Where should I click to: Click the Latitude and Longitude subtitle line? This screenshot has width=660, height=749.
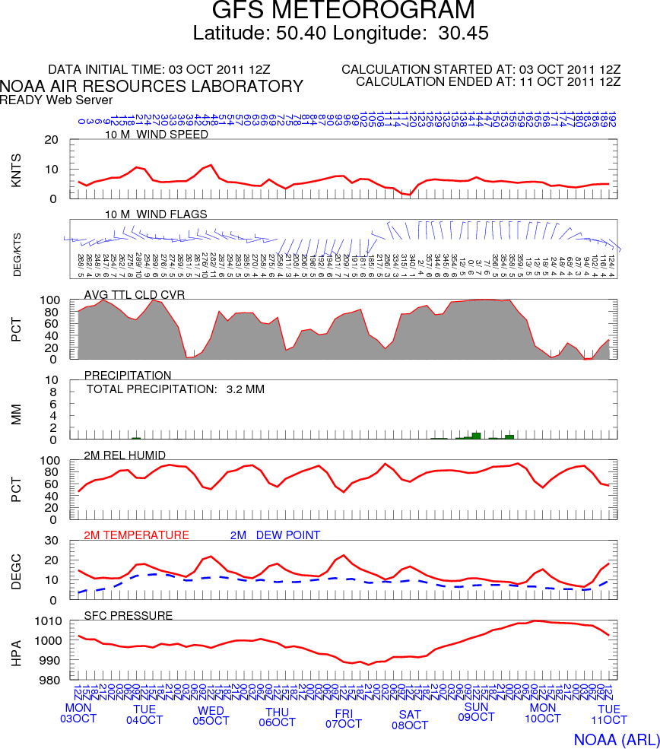[340, 33]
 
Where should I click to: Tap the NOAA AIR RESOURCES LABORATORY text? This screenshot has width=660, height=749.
[152, 87]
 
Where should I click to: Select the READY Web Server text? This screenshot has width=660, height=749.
[56, 100]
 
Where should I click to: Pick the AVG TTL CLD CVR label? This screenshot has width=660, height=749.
[135, 294]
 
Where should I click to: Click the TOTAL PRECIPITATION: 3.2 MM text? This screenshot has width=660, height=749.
[176, 389]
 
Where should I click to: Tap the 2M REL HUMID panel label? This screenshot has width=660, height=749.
[125, 455]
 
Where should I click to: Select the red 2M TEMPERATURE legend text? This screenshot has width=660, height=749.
[136, 535]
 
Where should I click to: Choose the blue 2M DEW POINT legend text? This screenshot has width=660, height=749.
[274, 535]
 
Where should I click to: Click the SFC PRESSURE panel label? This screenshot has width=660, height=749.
[128, 615]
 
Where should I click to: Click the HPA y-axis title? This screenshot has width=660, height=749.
[17, 652]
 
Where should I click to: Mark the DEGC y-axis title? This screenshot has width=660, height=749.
[17, 570]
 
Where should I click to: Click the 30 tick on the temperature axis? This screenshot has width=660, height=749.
[52, 541]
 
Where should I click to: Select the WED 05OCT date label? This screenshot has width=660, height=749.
[211, 716]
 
